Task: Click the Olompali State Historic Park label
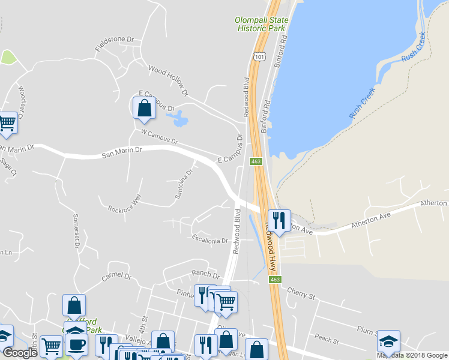tap(261, 24)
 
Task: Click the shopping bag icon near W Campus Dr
tap(144, 108)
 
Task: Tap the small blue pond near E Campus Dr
tap(179, 119)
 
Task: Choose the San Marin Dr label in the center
tap(121, 154)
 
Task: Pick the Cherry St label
tap(301, 295)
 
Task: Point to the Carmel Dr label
tap(116, 276)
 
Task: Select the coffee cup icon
tap(77, 344)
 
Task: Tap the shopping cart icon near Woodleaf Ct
tap(8, 122)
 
